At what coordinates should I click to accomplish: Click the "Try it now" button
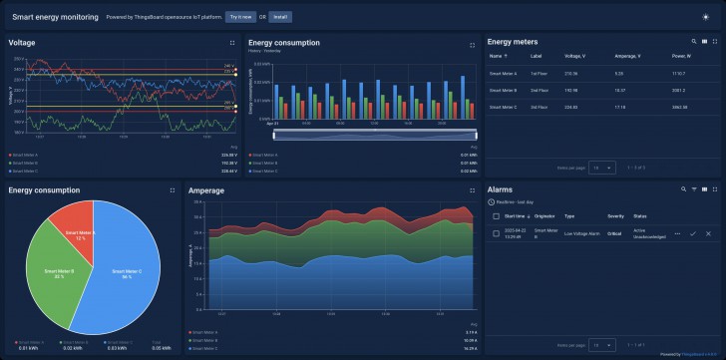(x=239, y=17)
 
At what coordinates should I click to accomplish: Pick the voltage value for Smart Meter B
(x=570, y=90)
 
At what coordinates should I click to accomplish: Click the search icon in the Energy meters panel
(x=693, y=42)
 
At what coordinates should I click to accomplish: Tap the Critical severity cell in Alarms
(x=614, y=233)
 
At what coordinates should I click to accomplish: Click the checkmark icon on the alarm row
(x=692, y=233)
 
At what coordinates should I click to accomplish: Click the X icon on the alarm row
(x=708, y=233)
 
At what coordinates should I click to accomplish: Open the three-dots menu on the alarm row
(x=677, y=233)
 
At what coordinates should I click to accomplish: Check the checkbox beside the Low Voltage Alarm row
(x=497, y=233)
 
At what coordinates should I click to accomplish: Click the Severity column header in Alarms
(x=615, y=215)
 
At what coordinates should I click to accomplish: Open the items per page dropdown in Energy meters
(x=601, y=168)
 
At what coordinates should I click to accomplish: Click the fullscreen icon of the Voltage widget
(x=231, y=43)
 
